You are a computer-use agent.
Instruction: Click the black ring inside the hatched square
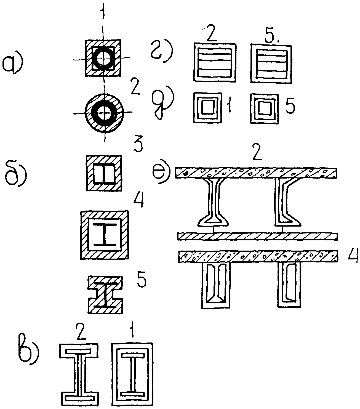pyautogui.click(x=103, y=58)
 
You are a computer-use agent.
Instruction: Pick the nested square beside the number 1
pyautogui.click(x=207, y=107)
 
